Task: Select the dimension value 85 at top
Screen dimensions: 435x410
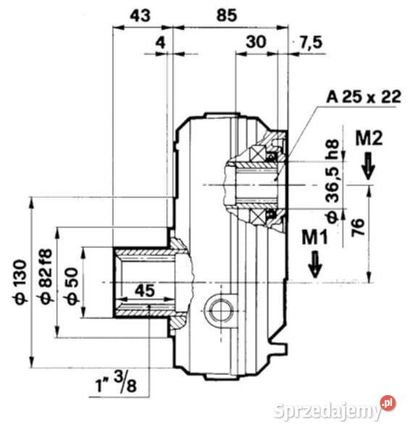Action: [x=227, y=14]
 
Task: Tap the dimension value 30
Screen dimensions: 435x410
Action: [x=255, y=43]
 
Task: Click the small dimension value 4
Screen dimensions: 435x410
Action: [x=160, y=43]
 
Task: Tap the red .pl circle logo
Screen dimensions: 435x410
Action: [x=389, y=402]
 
